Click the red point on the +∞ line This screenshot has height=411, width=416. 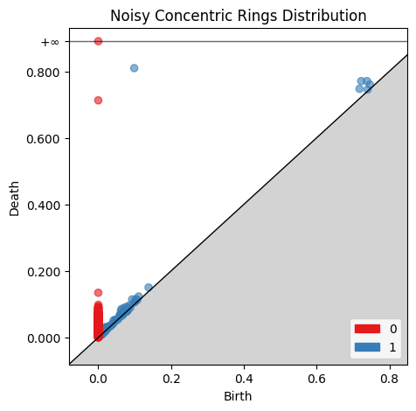tap(98, 41)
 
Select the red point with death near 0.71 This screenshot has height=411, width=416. tap(98, 101)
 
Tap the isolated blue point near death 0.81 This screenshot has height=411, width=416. tap(134, 68)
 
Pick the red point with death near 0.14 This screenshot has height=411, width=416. tap(98, 293)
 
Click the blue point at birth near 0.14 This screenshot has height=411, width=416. tap(149, 288)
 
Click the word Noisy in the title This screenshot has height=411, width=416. tap(130, 16)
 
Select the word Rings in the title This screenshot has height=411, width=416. tap(257, 16)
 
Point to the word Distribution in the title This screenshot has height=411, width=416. tap(324, 16)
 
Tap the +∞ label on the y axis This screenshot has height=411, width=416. tap(50, 43)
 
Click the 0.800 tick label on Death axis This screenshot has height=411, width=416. tap(43, 73)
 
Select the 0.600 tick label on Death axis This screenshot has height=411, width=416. tap(43, 139)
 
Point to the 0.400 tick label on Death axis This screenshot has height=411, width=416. tap(44, 205)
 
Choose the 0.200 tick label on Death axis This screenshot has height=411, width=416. tap(44, 272)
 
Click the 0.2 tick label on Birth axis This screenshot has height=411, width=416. tap(171, 379)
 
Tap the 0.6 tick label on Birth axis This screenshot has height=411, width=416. tap(317, 379)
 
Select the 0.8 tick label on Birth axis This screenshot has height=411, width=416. tap(390, 379)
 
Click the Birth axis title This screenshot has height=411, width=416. tap(238, 396)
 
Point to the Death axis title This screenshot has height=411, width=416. tap(14, 199)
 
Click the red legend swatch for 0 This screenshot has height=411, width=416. tap(367, 329)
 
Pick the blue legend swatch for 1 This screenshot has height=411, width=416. tap(367, 347)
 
